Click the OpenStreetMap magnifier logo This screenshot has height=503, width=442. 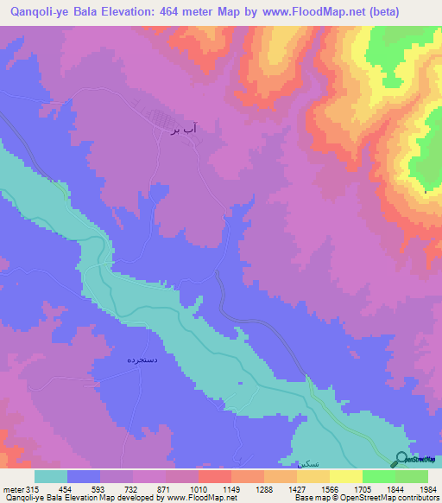(x=401, y=459)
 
